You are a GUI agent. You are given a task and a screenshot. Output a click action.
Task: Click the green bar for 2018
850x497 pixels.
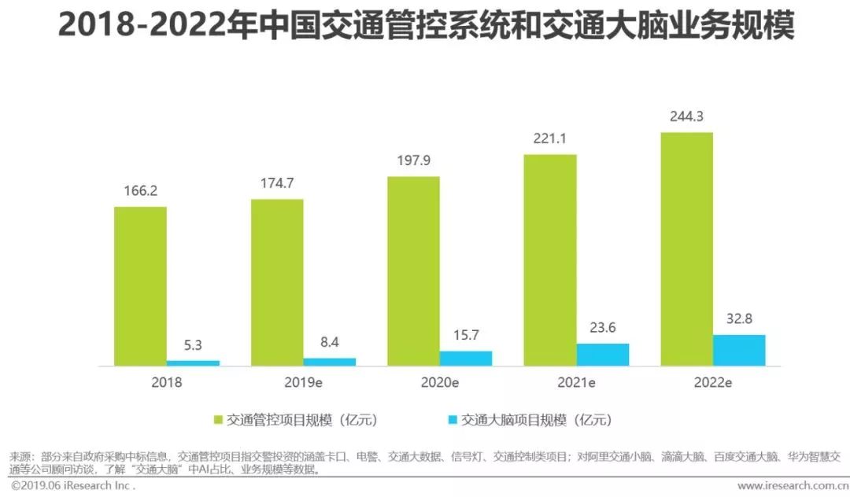tap(140, 286)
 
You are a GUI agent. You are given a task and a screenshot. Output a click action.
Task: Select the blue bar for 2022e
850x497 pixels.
tap(739, 351)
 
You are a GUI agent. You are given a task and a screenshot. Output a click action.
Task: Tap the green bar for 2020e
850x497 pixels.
tap(413, 271)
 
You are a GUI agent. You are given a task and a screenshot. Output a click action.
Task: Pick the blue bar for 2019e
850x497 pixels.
tap(330, 362)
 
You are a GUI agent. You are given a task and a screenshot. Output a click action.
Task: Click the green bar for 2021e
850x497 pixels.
tap(550, 260)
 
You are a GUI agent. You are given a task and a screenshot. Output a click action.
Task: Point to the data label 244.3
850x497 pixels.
tap(686, 118)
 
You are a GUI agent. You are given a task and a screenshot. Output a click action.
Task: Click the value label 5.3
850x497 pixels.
tap(193, 345)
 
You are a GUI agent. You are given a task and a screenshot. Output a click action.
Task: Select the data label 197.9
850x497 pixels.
tap(413, 161)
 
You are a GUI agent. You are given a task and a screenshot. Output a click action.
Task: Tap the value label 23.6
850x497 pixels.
tap(603, 328)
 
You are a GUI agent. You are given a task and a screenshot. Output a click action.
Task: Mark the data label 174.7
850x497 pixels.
tap(277, 184)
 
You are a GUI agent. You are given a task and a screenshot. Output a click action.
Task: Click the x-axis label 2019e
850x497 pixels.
tap(303, 383)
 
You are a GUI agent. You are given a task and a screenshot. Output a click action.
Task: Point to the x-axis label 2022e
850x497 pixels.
tap(713, 383)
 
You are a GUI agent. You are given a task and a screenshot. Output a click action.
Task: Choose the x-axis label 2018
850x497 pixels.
tap(167, 383)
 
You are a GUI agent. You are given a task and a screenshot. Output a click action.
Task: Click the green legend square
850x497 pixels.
tap(219, 420)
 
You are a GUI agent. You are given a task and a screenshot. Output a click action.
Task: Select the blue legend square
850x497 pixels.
tap(453, 420)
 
